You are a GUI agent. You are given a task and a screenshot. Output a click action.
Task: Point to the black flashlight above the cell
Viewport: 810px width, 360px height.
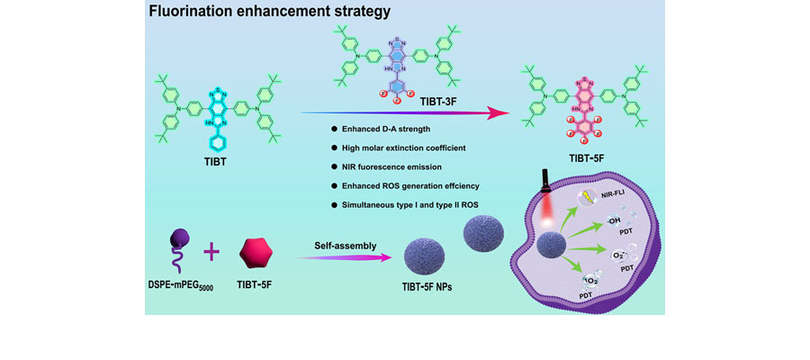(x=546, y=184)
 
